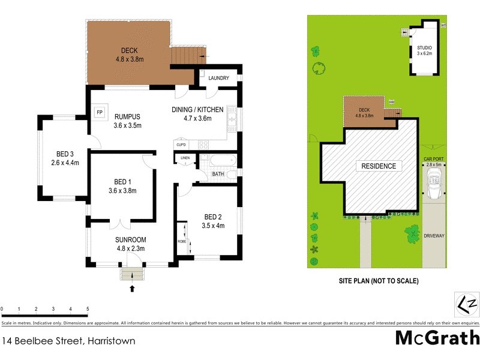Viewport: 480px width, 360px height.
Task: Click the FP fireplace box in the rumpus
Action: pos(100,112)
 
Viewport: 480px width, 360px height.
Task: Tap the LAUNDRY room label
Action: pos(218,77)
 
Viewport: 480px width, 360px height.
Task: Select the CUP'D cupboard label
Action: pos(181,144)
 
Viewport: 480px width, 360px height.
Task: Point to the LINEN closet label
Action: pos(185,158)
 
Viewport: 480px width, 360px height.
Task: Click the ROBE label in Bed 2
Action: pos(181,241)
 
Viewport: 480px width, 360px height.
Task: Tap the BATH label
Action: pos(218,175)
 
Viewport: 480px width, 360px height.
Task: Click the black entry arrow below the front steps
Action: pos(132,289)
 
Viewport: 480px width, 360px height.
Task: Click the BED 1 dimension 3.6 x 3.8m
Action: pos(122,191)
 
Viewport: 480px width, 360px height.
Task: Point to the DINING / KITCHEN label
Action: pos(197,110)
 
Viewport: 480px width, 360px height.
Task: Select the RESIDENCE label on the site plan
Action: pos(378,166)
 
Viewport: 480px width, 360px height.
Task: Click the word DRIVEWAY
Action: pos(434,236)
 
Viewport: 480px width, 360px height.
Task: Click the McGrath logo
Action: pos(437,337)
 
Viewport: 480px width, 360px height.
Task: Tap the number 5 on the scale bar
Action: pos(88,310)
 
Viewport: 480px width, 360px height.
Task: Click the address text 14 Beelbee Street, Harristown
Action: pos(68,341)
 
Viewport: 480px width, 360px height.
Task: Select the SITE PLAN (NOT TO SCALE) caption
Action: pos(379,281)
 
